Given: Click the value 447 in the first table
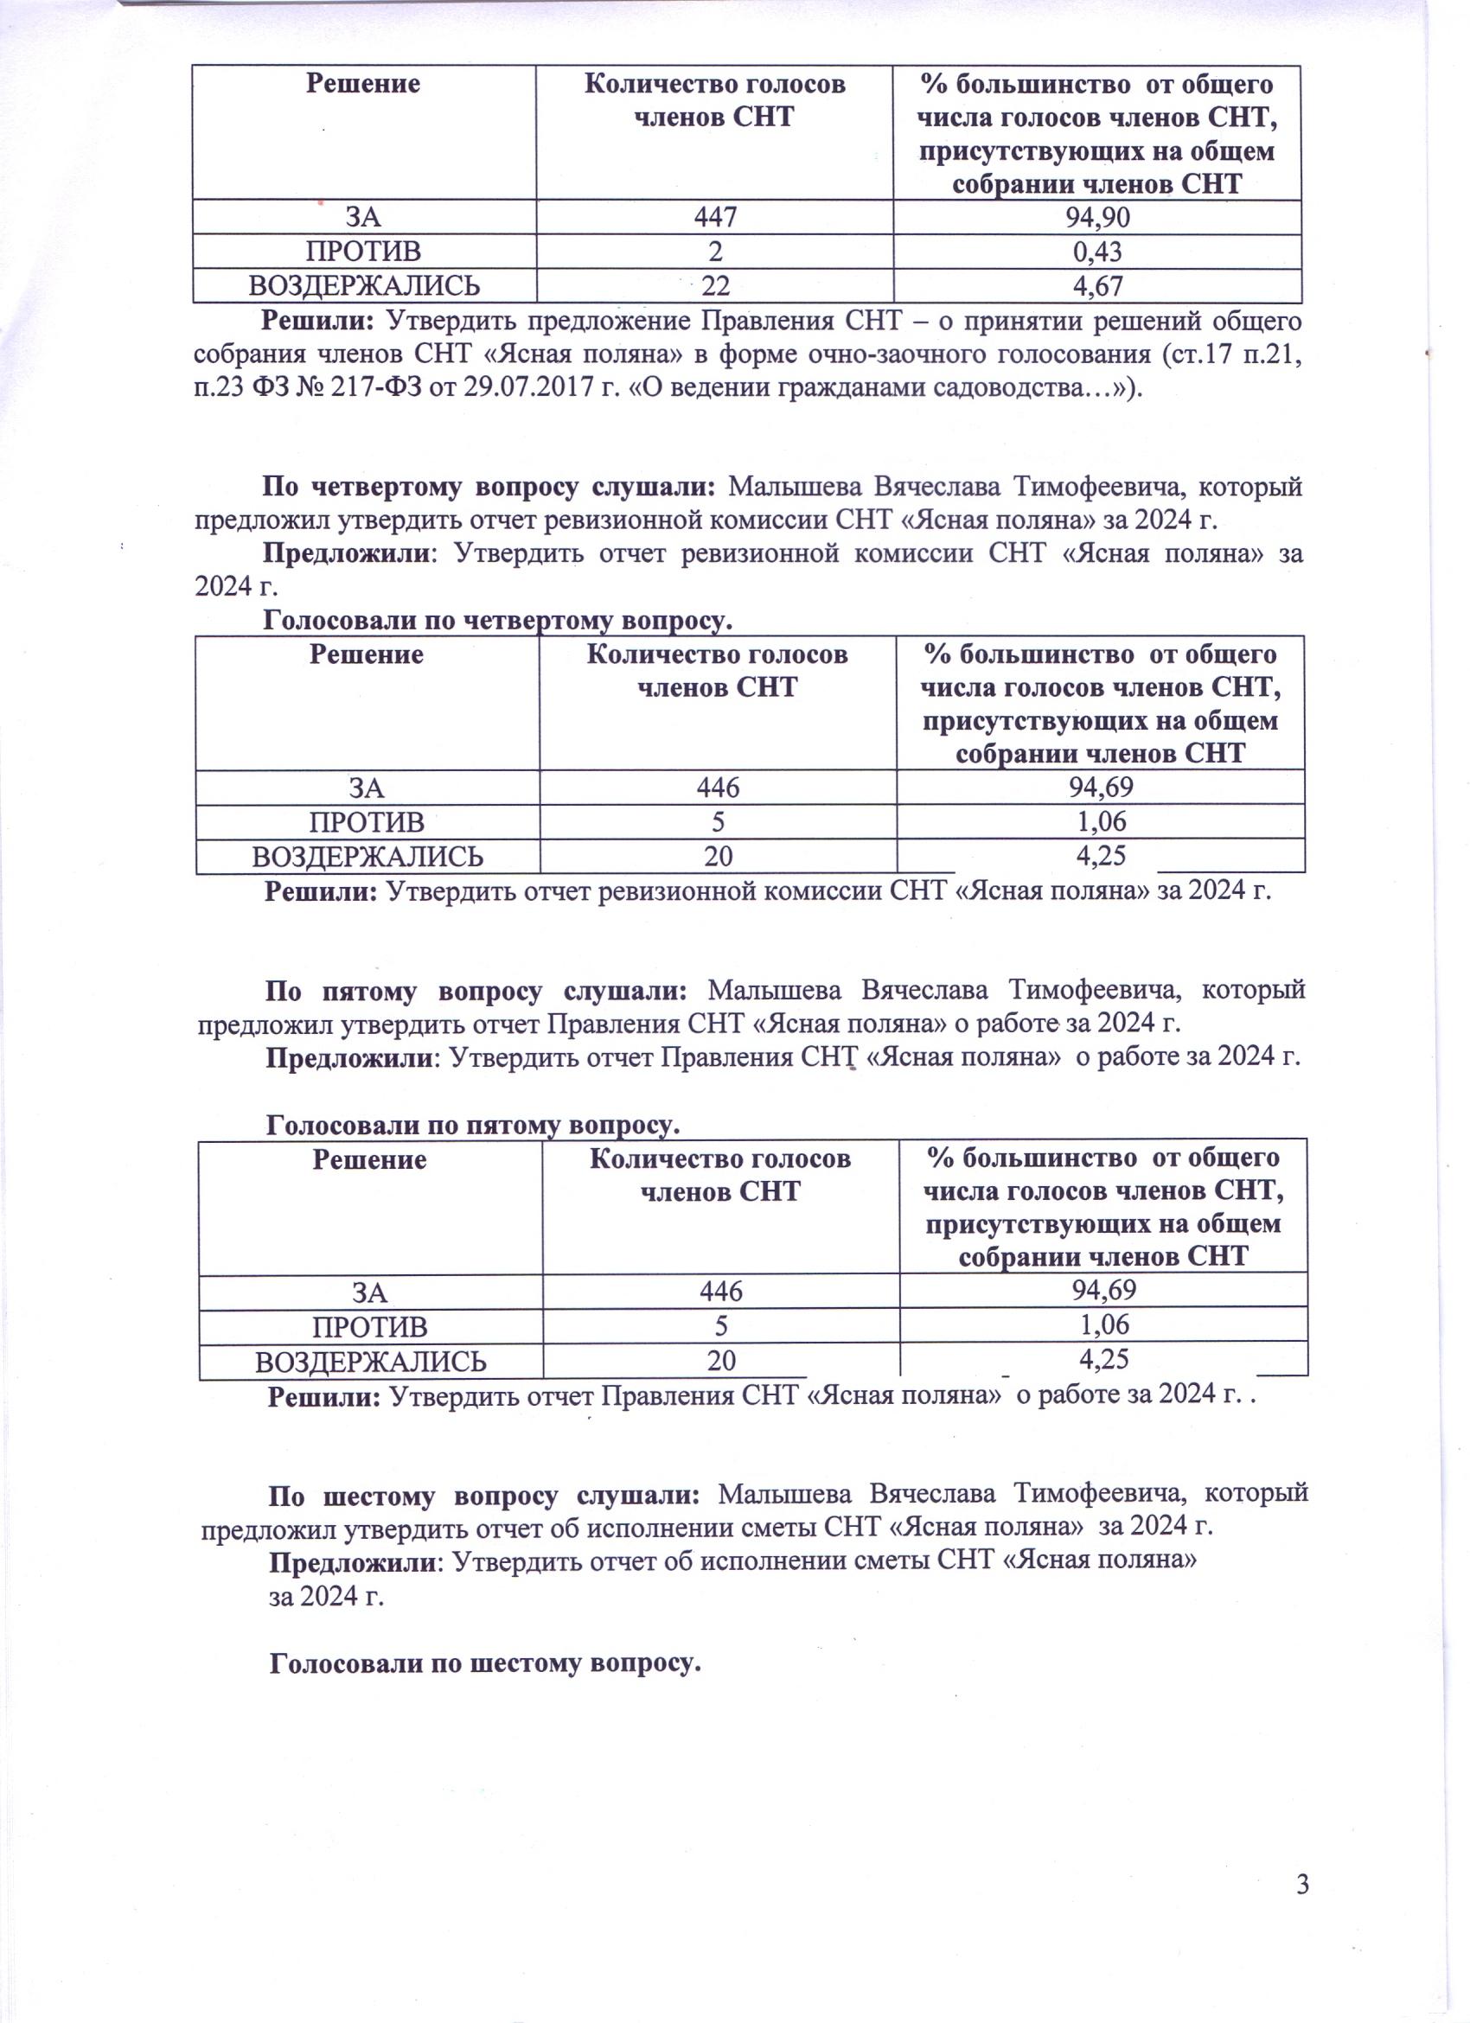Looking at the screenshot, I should pyautogui.click(x=713, y=217).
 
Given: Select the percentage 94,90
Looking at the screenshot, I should pyautogui.click(x=1096, y=217).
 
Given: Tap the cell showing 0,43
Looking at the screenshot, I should pyautogui.click(x=1096, y=252).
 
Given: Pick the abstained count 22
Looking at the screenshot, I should pyautogui.click(x=715, y=285).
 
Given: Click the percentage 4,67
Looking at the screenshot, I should pyautogui.click(x=1098, y=285).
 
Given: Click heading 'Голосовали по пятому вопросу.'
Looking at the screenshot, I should pyautogui.click(x=473, y=1126).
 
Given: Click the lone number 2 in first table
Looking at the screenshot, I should pyautogui.click(x=715, y=252).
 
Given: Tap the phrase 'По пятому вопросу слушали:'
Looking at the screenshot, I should pyautogui.click(x=476, y=991).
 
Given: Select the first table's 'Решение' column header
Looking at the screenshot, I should pyautogui.click(x=363, y=84).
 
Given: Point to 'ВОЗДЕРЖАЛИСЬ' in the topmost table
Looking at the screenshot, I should pyautogui.click(x=364, y=285).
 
